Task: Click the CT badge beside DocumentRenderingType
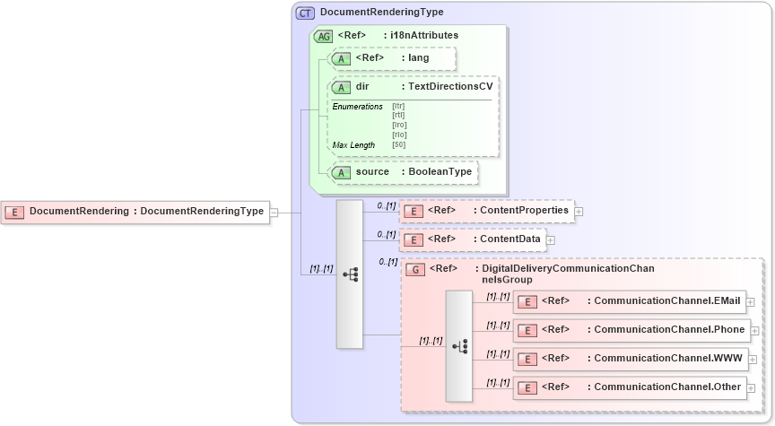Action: (x=305, y=13)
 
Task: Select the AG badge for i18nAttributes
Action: (x=322, y=36)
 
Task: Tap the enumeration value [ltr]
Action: (x=398, y=106)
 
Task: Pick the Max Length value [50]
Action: (x=399, y=144)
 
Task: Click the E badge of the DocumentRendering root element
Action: (x=14, y=212)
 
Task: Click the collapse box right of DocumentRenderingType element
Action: (x=274, y=213)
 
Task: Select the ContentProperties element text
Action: (x=524, y=211)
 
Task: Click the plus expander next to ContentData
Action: (x=551, y=240)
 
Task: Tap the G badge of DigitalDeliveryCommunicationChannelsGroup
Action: (x=415, y=269)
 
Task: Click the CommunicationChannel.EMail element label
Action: (x=663, y=300)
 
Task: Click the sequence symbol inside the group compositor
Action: (x=459, y=345)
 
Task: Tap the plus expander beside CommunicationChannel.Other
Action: (x=751, y=388)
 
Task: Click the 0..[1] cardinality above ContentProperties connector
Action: (x=387, y=206)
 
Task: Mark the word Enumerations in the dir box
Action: (x=358, y=107)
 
